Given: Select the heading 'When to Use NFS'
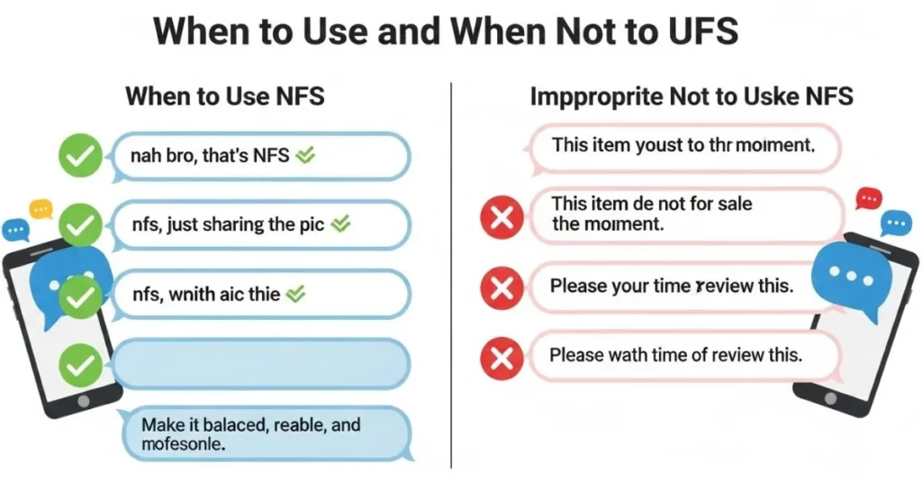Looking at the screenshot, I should (225, 96).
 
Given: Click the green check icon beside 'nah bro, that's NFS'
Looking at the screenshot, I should (80, 156).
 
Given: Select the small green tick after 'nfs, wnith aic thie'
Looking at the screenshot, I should (297, 294).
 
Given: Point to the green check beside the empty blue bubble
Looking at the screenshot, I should (80, 365).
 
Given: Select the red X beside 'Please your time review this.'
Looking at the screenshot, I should (502, 288).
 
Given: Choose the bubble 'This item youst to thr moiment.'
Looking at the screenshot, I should (684, 147).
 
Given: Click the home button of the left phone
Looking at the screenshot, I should (84, 399).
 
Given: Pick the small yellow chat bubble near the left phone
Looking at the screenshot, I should (41, 208).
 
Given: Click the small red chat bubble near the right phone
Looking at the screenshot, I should (868, 197).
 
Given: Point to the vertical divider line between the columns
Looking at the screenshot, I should (450, 270).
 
